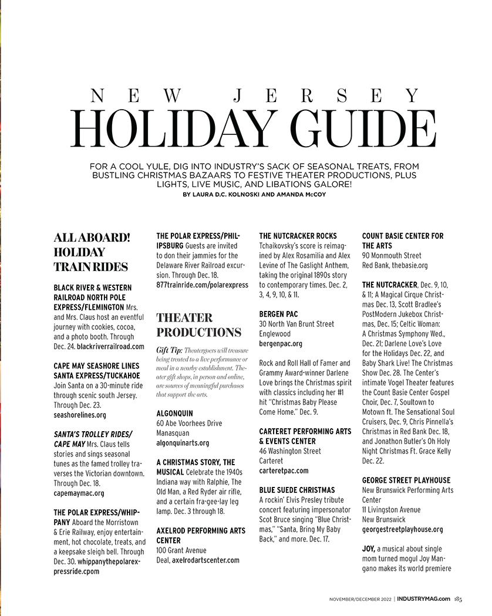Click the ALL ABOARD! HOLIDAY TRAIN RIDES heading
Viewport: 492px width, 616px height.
coord(92,252)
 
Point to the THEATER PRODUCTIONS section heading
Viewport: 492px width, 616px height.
coord(198,324)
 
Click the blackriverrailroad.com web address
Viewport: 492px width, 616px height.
coord(110,347)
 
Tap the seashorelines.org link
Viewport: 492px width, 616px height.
coord(80,415)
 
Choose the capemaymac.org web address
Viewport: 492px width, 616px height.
coord(79,493)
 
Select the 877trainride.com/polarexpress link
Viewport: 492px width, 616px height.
coord(202,285)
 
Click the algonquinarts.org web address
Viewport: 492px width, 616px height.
coord(183,443)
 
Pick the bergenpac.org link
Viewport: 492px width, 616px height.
coord(281,343)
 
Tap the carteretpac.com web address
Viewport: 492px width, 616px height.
coord(284,471)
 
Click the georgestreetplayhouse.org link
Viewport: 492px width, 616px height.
coord(402,529)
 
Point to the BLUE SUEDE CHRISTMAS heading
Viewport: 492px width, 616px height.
coord(297,490)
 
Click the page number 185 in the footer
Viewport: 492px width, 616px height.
coord(458,598)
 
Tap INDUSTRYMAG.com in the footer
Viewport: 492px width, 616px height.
coord(423,598)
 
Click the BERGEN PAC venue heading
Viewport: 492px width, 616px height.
coord(279,314)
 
